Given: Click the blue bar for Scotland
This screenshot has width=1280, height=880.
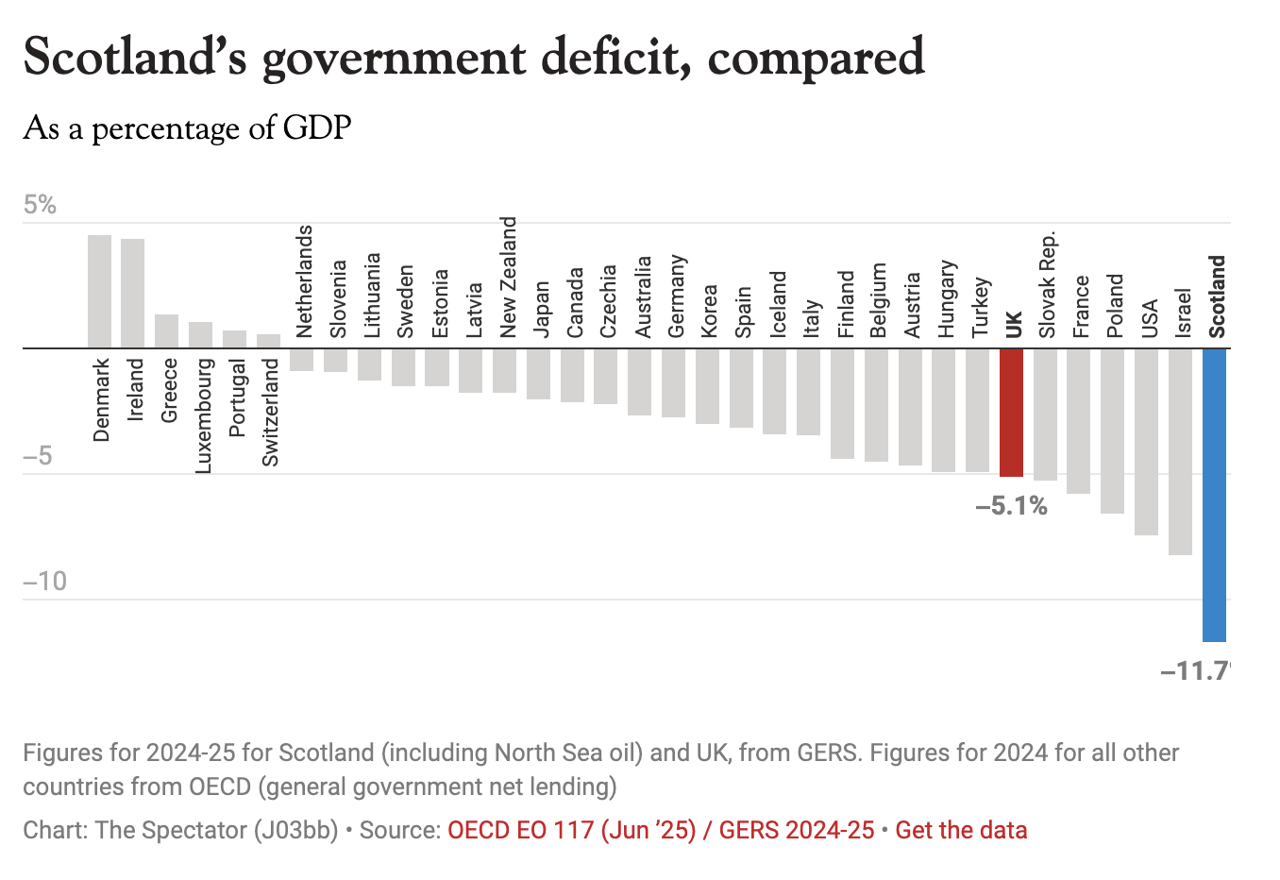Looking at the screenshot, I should (x=1214, y=495).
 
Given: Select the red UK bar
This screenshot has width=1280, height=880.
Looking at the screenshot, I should (x=1011, y=413).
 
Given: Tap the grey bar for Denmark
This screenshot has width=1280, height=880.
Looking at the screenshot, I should (x=99, y=291).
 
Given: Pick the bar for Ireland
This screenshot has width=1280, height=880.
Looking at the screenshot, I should (x=133, y=293).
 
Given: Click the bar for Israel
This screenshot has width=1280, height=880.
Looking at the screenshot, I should (x=1180, y=451).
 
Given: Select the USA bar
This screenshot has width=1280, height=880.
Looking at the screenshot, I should (x=1146, y=442).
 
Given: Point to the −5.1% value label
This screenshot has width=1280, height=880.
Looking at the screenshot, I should (x=1011, y=507).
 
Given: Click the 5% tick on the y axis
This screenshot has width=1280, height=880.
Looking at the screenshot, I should (x=40, y=205).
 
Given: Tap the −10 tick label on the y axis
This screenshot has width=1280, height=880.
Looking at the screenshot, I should (x=44, y=581).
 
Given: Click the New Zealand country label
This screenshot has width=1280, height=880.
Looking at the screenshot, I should (x=508, y=277).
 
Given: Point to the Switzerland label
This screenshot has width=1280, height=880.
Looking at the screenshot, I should (x=270, y=412).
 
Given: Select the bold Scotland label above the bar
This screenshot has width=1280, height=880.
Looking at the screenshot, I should (x=1217, y=296).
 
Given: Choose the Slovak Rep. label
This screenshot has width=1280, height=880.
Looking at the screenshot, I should (x=1047, y=284).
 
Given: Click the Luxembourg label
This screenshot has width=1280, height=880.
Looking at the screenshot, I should (x=202, y=415).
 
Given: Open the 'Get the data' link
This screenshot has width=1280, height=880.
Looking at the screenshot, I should (x=961, y=830).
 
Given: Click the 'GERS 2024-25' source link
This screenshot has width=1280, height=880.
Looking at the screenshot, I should (x=797, y=830).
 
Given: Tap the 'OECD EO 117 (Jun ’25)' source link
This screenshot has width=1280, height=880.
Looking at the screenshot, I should (x=571, y=830).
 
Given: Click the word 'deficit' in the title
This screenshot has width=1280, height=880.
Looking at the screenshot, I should (x=617, y=57).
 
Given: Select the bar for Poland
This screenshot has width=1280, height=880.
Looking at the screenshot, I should (x=1113, y=431).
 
